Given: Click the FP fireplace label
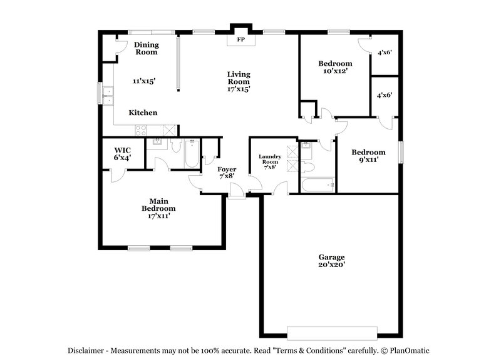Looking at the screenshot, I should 239,40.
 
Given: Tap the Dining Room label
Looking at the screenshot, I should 147,48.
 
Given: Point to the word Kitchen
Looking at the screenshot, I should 143,113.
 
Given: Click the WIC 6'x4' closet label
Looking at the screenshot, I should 122,154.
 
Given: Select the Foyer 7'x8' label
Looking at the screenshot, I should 226,173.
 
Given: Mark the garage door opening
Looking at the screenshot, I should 332,332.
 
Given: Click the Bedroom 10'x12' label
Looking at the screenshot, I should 335,67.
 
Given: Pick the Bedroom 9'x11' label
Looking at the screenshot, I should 368,156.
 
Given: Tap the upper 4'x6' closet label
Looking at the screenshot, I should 384,53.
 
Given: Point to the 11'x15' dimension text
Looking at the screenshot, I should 143,81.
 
